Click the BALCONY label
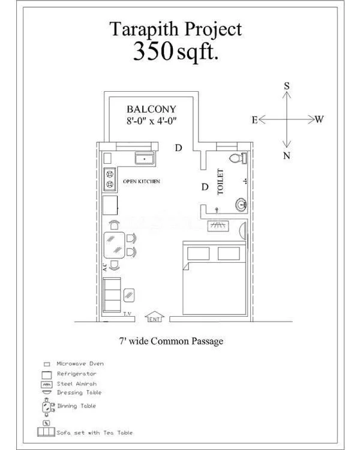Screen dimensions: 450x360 coord(151,109)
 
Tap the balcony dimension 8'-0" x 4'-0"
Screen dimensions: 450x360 coord(151,121)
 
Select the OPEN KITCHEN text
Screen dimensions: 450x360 coord(141,181)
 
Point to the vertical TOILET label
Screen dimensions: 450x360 coord(220,181)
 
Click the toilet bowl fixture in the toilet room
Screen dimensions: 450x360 coord(241,159)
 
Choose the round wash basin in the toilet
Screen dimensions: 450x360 coord(241,205)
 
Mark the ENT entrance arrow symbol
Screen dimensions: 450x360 coord(155,316)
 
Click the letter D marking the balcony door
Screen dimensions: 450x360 coord(178,148)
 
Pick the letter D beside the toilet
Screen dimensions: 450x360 coord(205,187)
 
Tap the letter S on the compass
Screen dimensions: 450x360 coord(287,86)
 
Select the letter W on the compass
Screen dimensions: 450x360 coord(319,119)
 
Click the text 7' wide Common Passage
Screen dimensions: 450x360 coord(171,341)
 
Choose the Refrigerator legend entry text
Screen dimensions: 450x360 coord(76,373)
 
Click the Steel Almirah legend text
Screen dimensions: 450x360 coord(76,383)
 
